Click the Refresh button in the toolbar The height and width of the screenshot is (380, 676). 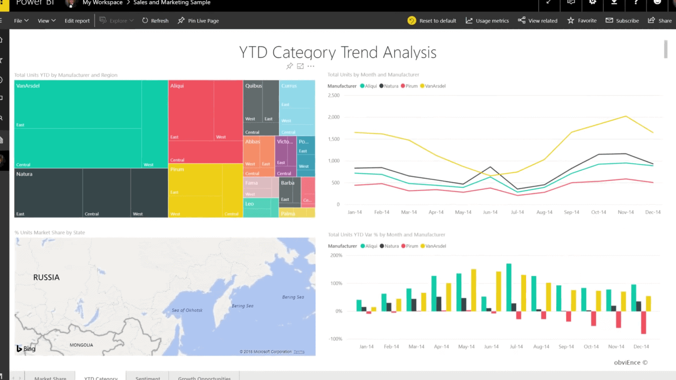pyautogui.click(x=155, y=21)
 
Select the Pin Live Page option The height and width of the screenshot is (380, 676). pyautogui.click(x=198, y=21)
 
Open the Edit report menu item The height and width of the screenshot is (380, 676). pyautogui.click(x=77, y=21)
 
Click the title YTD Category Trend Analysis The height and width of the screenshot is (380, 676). pyautogui.click(x=337, y=52)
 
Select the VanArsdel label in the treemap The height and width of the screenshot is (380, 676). pyautogui.click(x=28, y=86)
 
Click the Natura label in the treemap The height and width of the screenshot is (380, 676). pyautogui.click(x=24, y=174)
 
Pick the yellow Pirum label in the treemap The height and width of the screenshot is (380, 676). pyautogui.click(x=177, y=169)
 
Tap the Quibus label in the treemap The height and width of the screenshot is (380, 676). pyautogui.click(x=254, y=86)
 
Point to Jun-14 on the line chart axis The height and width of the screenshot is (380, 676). pyautogui.click(x=490, y=212)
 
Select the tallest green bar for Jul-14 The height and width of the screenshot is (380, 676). pyautogui.click(x=509, y=288)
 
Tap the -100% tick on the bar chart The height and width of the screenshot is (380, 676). pyautogui.click(x=335, y=339)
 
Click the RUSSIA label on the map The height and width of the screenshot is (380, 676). pyautogui.click(x=46, y=277)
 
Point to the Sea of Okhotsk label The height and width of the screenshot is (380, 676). pyautogui.click(x=187, y=310)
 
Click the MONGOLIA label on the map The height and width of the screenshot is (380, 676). pyautogui.click(x=81, y=345)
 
